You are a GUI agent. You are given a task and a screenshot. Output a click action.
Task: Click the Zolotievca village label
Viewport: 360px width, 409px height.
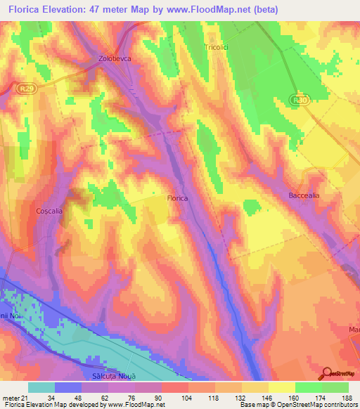[x=115, y=60]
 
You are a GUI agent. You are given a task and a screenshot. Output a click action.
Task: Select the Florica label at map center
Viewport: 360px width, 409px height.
[x=177, y=198]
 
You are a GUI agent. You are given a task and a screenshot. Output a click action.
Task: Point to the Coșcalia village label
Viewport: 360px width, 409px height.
[x=50, y=210]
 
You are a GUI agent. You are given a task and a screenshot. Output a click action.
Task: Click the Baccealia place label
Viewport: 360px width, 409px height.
[x=304, y=195]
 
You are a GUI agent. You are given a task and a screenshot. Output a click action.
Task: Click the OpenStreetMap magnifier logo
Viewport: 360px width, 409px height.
[x=327, y=373]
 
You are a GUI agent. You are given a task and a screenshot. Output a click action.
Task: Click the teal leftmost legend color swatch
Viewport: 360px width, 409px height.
[x=41, y=387]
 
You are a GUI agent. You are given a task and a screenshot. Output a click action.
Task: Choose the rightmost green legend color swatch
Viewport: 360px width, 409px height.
[x=335, y=387]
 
